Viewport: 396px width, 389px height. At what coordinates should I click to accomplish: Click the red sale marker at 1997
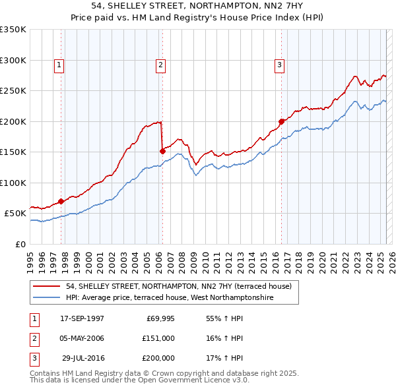[61, 201]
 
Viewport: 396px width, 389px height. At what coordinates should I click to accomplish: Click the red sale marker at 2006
[162, 151]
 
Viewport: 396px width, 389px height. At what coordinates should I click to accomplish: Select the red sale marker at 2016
[281, 121]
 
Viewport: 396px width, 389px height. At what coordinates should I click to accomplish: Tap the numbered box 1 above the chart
[59, 65]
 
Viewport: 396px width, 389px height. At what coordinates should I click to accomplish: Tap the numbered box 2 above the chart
[160, 65]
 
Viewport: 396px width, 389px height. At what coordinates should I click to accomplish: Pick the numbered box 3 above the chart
[279, 65]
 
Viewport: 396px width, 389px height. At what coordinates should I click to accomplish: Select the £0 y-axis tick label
[19, 244]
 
